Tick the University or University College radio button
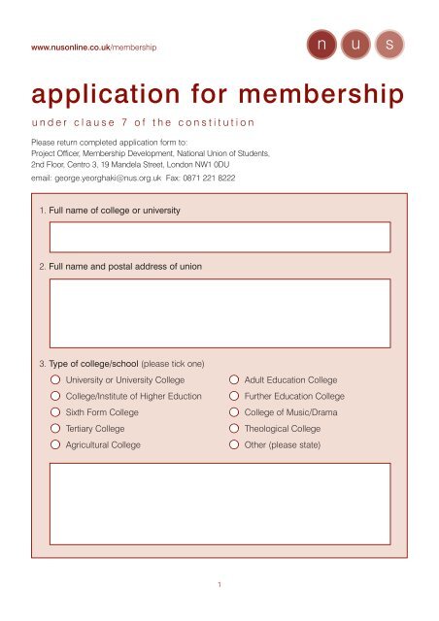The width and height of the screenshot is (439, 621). [x=57, y=379]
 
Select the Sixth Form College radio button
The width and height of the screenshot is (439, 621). [x=57, y=412]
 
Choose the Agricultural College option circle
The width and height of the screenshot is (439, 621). [x=57, y=444]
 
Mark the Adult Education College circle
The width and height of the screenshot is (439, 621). [x=235, y=379]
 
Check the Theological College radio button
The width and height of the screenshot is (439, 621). [x=235, y=428]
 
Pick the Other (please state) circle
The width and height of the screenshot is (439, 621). [x=235, y=444]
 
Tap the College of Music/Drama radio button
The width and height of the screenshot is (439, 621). [x=235, y=412]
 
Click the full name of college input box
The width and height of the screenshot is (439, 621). [x=220, y=237]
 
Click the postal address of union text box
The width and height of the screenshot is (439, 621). [x=220, y=313]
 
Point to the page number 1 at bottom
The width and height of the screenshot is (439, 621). [x=220, y=585]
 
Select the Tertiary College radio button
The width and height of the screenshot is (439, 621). [x=57, y=428]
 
